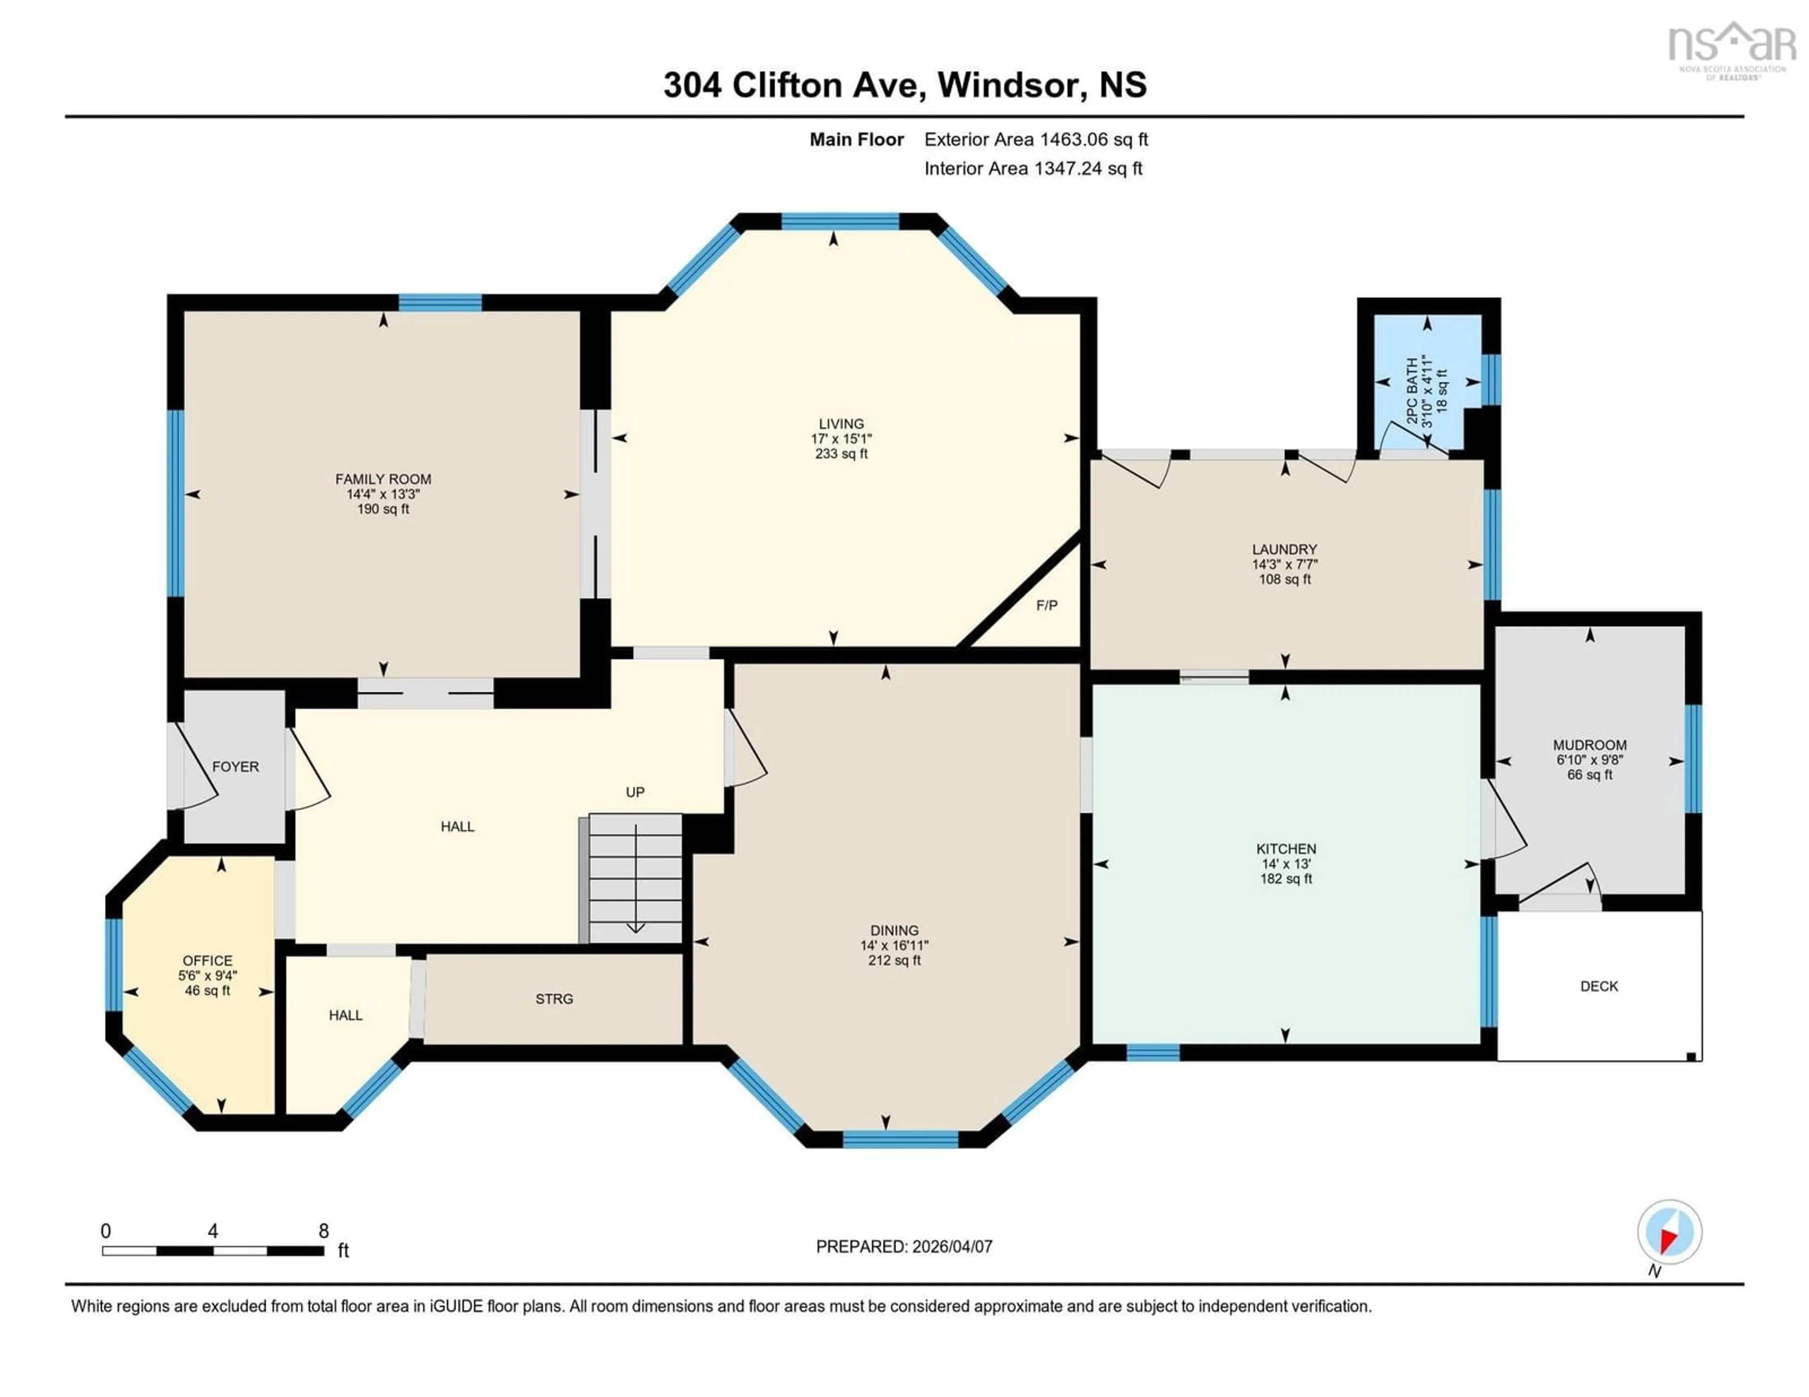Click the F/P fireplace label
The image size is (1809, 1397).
pyautogui.click(x=1046, y=605)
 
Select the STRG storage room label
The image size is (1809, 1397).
pyautogui.click(x=554, y=999)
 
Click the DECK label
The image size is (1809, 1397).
pyautogui.click(x=1598, y=986)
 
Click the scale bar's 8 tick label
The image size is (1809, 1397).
pyautogui.click(x=324, y=1231)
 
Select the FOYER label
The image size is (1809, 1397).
pyautogui.click(x=235, y=767)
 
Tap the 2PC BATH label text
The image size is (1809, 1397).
pyautogui.click(x=1412, y=391)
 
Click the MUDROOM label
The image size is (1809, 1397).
pyautogui.click(x=1589, y=745)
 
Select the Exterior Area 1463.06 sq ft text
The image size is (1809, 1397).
pyautogui.click(x=1035, y=140)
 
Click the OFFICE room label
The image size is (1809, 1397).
pyautogui.click(x=207, y=960)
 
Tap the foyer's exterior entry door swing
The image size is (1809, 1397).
pyautogui.click(x=195, y=770)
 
